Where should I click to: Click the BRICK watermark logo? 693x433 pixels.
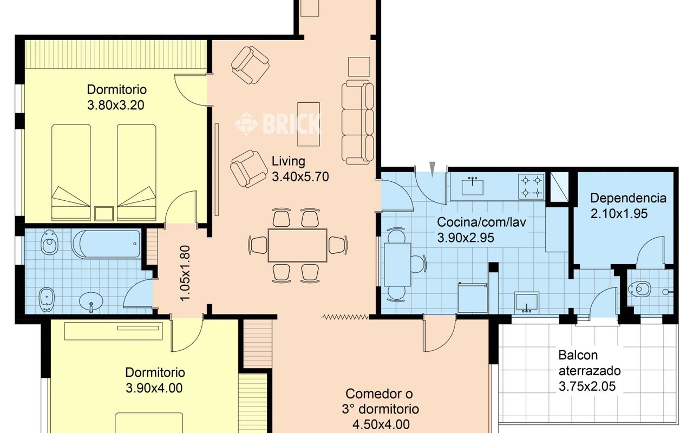click(x=278, y=124)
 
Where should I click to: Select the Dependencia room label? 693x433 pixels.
click(x=628, y=198)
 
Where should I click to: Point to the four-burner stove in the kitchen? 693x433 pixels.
click(x=531, y=187)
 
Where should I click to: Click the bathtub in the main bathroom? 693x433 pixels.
click(x=106, y=244)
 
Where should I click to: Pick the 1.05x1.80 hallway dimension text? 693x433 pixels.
click(x=185, y=273)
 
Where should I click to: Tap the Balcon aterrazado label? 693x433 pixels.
click(x=590, y=363)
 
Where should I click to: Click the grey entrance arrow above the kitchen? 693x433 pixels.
click(x=433, y=169)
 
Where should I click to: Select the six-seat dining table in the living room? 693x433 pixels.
click(x=298, y=246)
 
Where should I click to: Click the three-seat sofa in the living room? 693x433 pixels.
click(x=358, y=122)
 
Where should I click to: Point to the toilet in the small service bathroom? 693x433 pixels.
click(x=639, y=289)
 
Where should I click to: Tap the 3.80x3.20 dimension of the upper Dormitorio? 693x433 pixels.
click(x=116, y=105)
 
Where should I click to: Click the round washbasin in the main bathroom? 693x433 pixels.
click(x=91, y=301)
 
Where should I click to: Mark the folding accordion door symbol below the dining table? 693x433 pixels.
click(x=345, y=317)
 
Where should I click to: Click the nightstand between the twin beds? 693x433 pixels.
click(x=104, y=214)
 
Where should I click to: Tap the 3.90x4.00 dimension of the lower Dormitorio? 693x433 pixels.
click(x=154, y=388)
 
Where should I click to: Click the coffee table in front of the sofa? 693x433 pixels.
click(x=309, y=124)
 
